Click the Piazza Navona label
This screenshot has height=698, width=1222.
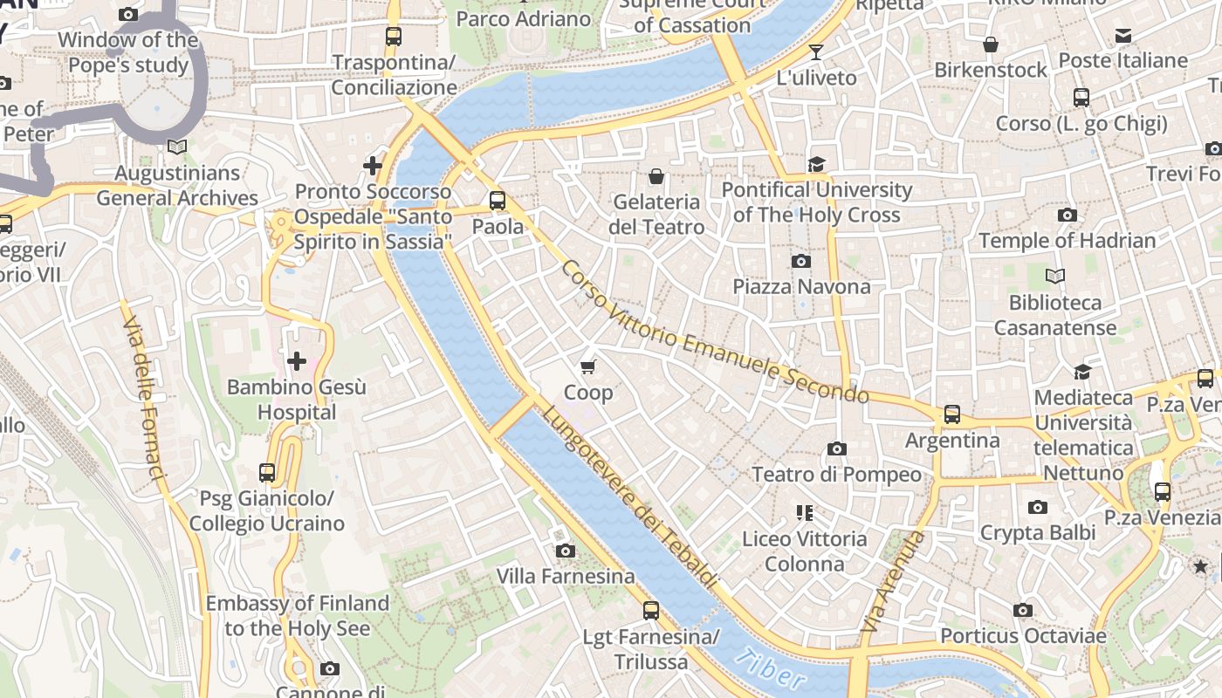click(801, 286)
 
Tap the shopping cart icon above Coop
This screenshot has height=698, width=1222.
click(588, 366)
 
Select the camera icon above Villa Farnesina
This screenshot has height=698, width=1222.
click(566, 551)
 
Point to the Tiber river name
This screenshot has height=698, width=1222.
click(770, 673)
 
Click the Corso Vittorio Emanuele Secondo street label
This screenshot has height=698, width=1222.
click(715, 333)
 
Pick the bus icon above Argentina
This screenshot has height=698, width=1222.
click(951, 414)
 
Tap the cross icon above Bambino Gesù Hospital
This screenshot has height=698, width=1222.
click(297, 360)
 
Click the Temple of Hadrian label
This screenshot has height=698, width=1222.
click(1067, 240)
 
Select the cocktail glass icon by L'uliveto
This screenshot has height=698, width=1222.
click(815, 52)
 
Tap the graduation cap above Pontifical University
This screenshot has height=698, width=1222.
click(816, 164)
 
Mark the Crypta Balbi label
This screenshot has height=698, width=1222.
click(1038, 532)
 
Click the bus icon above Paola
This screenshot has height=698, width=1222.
click(498, 201)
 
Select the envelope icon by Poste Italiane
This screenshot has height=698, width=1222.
click(1122, 36)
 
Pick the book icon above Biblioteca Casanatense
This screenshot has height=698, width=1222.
click(1055, 277)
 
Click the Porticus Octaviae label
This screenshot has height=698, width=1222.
click(1023, 636)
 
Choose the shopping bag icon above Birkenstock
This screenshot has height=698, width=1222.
click(991, 44)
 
